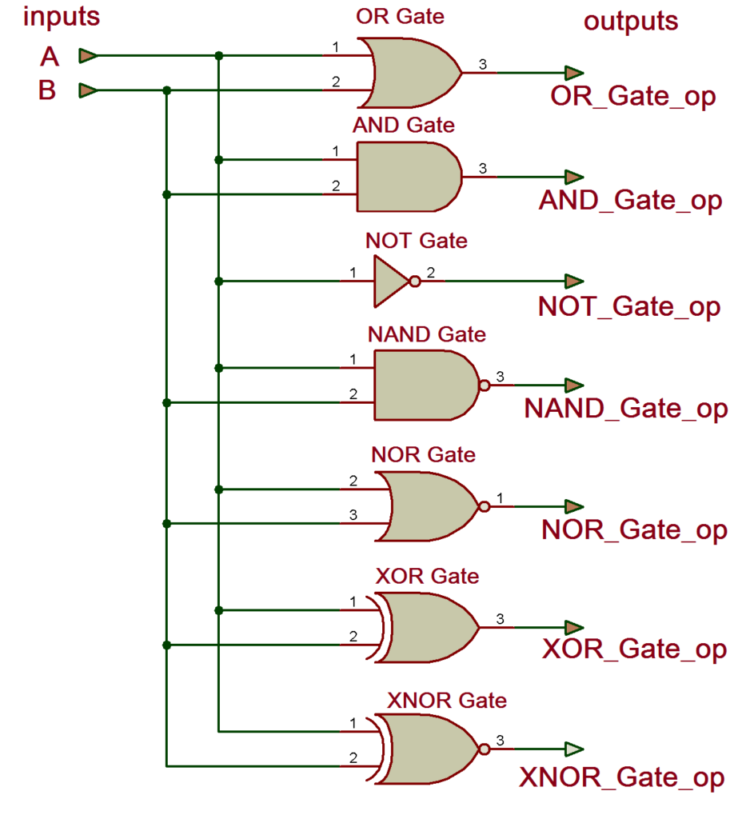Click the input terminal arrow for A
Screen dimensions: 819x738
point(88,56)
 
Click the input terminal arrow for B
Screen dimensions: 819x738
point(88,90)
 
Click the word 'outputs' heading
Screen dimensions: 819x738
point(631,21)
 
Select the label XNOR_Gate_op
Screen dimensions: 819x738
point(623,778)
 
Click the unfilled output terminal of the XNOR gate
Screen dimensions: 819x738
point(573,749)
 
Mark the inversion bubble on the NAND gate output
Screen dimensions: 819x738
point(484,386)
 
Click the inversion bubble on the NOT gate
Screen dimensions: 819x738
point(414,282)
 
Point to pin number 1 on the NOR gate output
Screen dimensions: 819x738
point(500,498)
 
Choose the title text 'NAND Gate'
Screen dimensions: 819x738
point(426,334)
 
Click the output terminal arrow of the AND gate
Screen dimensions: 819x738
point(573,177)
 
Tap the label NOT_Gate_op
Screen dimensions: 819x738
point(629,307)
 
